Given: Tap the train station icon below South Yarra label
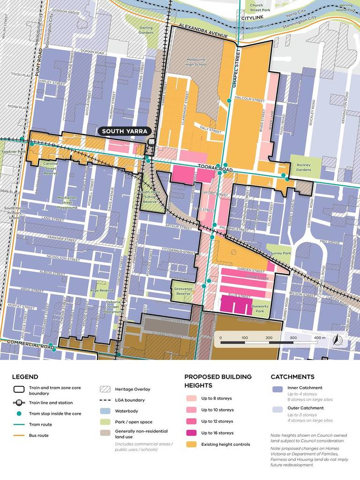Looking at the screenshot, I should coord(151,142).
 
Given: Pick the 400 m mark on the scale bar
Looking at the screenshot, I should coord(320,337).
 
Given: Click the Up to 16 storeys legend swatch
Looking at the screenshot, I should coord(190,433).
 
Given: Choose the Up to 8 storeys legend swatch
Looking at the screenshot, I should coord(190,398).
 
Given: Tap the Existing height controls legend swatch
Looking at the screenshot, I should coord(190,444).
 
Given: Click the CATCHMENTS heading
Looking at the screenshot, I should coord(292,376).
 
